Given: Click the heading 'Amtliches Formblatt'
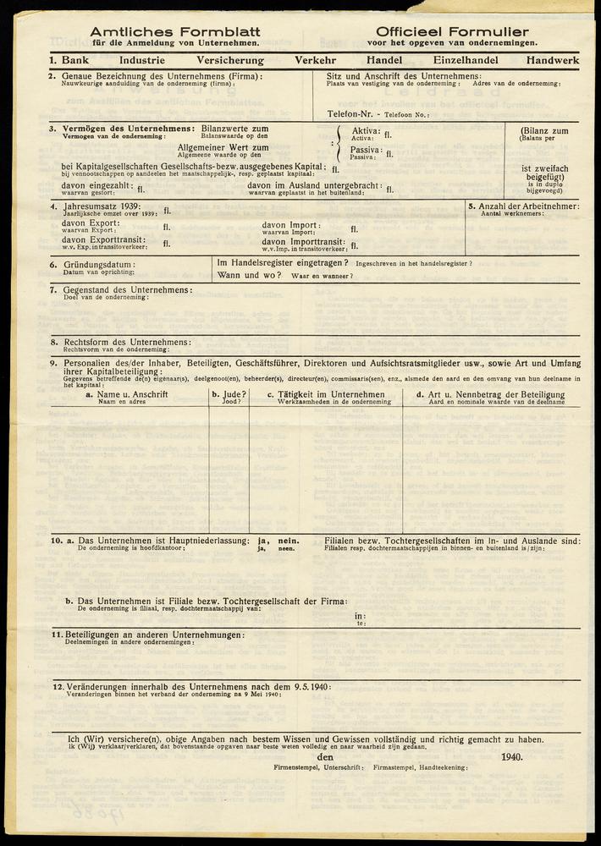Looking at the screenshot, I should (175, 31).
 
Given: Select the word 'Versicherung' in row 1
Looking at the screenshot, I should (230, 61).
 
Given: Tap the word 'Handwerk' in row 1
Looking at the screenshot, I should (552, 61).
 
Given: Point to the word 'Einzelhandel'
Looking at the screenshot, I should (466, 61).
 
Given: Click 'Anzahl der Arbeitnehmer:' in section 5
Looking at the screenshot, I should (529, 206).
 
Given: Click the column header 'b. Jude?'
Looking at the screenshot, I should (229, 395).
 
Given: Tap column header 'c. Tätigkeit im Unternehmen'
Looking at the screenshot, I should (324, 395).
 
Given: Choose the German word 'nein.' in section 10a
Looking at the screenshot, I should (289, 541).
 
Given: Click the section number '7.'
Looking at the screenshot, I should (52, 290).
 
